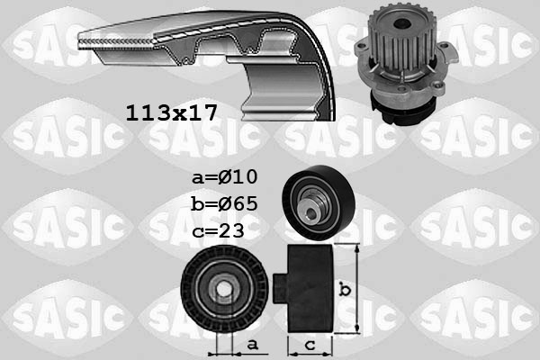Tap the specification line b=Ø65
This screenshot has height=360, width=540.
point(224,202)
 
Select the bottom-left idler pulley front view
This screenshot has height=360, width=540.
point(223,288)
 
